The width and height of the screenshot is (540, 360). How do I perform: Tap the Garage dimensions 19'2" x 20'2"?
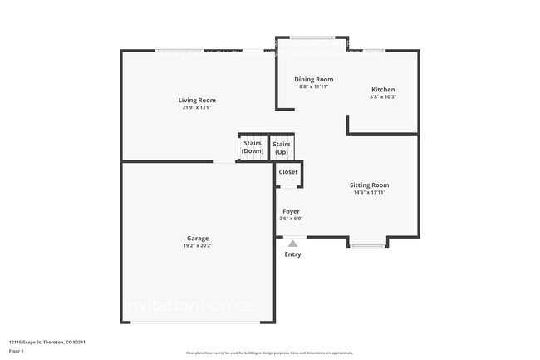click(197, 246)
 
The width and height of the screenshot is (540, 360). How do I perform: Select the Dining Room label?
click(314, 79)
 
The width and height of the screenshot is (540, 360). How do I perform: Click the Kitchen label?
click(383, 90)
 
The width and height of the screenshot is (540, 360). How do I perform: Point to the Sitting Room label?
click(369, 185)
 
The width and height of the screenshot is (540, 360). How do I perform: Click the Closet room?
click(288, 172)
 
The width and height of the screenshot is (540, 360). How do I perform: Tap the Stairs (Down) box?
click(253, 147)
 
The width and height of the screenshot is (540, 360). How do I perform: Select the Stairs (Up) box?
click(282, 147)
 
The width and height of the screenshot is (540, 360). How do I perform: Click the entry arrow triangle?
click(292, 244)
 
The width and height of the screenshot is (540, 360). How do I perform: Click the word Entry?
click(292, 254)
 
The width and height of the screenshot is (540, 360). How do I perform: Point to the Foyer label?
click(291, 211)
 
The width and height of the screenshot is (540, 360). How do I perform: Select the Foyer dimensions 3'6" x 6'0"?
click(291, 219)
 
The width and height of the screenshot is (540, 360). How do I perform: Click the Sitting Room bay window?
click(367, 244)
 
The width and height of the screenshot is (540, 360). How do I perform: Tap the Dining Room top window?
click(312, 37)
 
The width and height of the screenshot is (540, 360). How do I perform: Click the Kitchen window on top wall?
click(374, 51)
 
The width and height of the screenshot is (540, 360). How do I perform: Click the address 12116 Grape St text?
click(47, 342)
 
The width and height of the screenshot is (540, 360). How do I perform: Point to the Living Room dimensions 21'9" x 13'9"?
click(197, 108)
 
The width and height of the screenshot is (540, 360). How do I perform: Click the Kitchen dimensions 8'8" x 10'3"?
click(383, 97)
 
